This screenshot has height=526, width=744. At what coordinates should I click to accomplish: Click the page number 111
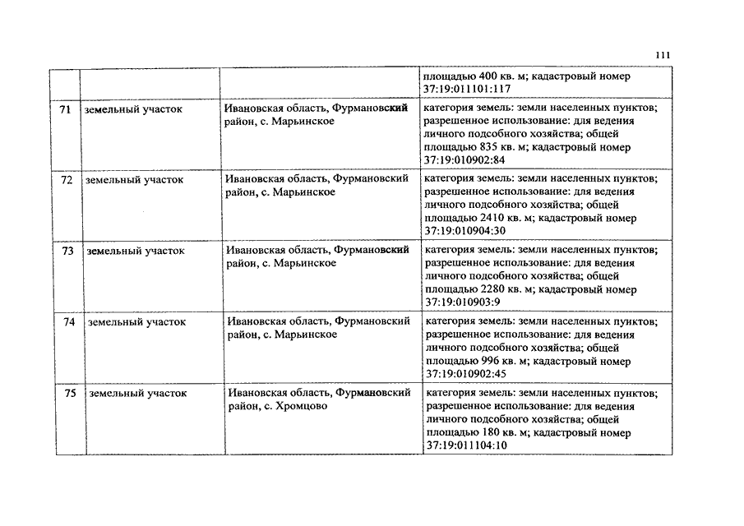(664, 55)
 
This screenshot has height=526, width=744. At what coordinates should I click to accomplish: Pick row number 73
(67, 251)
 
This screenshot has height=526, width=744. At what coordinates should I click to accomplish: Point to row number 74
(68, 322)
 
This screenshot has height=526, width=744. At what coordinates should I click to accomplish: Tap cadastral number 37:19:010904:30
(464, 231)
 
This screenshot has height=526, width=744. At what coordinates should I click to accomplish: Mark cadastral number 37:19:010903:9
(461, 302)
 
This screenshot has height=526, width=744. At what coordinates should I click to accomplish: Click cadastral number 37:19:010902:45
(464, 374)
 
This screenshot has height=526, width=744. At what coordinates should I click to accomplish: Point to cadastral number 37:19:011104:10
(465, 445)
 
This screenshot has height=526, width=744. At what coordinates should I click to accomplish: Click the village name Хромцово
(304, 406)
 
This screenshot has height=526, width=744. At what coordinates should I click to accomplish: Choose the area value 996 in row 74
(490, 362)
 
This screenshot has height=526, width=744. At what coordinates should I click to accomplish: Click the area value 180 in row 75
(490, 432)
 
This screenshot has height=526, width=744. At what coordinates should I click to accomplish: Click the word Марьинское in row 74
(305, 335)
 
